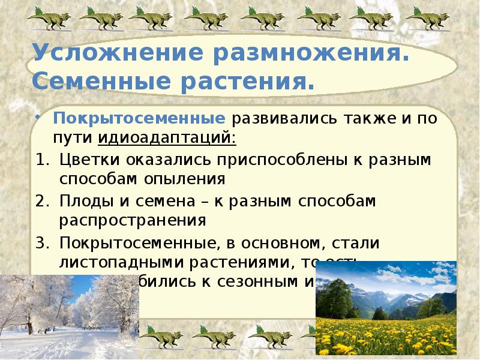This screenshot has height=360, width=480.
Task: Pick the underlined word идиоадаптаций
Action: [167, 138]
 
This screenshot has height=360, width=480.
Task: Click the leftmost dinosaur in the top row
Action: [47, 17]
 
